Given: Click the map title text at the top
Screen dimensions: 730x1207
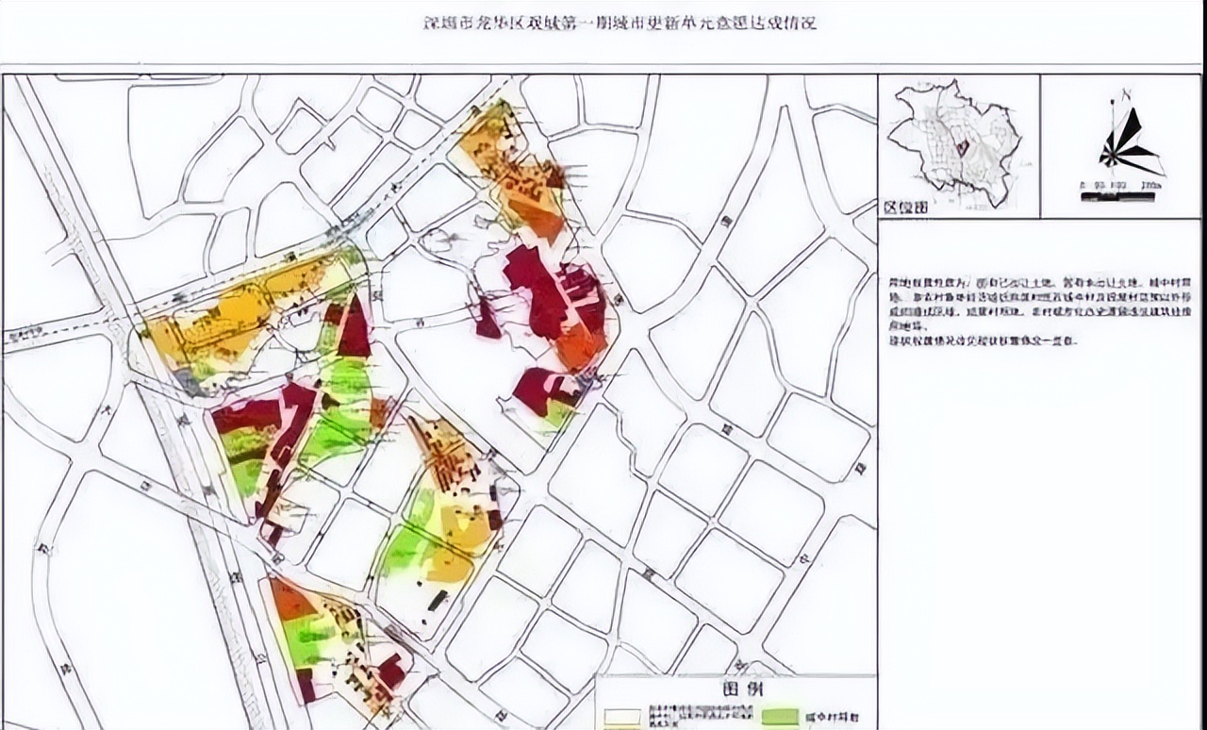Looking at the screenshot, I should pos(618,23).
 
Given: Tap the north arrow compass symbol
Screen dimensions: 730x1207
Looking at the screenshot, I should pos(1131,141).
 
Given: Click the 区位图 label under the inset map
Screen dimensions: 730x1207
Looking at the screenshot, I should pos(904,207).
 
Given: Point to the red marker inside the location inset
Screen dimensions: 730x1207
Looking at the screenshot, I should pos(962,147).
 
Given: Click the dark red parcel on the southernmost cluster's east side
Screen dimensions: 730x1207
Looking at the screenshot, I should pos(390,672).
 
